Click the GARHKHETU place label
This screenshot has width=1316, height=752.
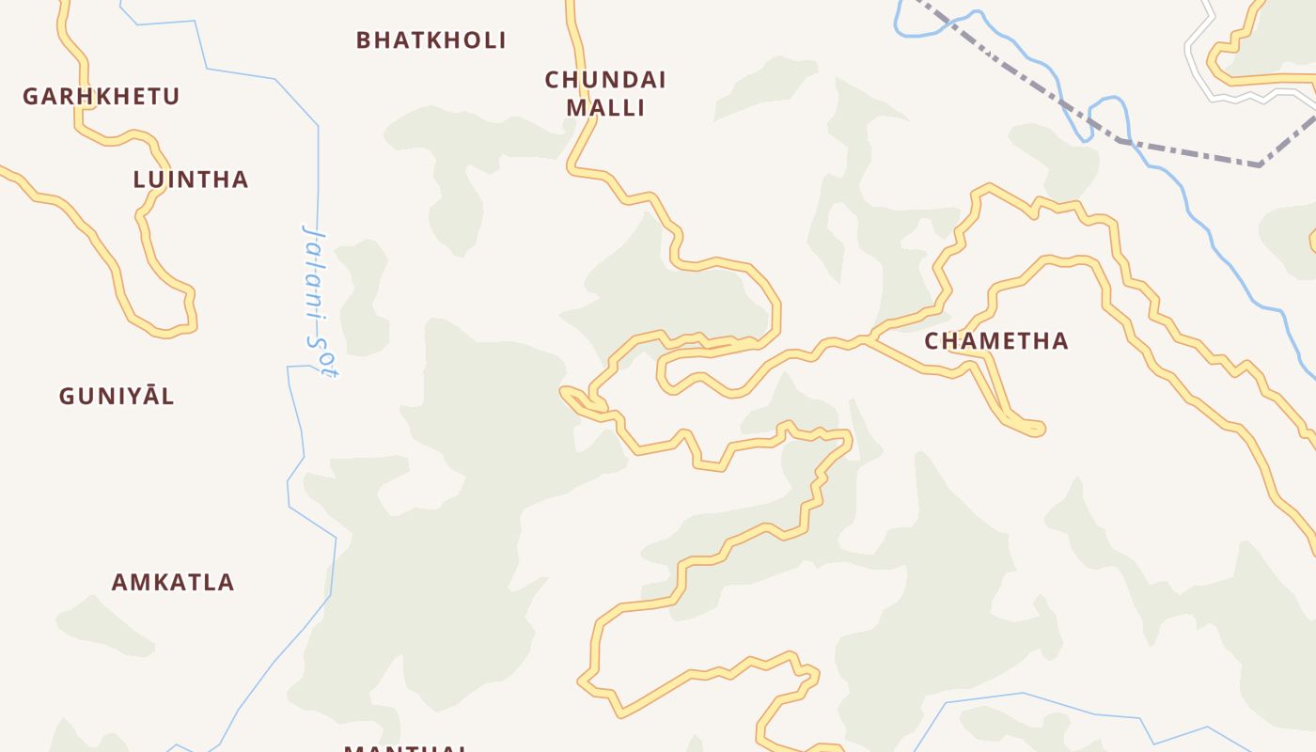(101, 97)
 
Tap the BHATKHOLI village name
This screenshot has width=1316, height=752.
(431, 40)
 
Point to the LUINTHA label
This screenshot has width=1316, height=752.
(191, 180)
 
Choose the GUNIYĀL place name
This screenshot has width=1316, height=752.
(117, 396)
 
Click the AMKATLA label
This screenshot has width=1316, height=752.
(173, 582)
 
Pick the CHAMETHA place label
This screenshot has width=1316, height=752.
(996, 341)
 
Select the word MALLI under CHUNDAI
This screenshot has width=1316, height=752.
(605, 108)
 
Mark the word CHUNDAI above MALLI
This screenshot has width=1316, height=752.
(605, 80)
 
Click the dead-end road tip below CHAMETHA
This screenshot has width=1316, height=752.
(1038, 429)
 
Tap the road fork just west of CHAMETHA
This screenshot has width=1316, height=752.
(870, 338)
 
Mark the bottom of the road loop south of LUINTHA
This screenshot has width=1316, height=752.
(165, 331)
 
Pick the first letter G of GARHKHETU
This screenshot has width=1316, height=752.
(30, 97)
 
